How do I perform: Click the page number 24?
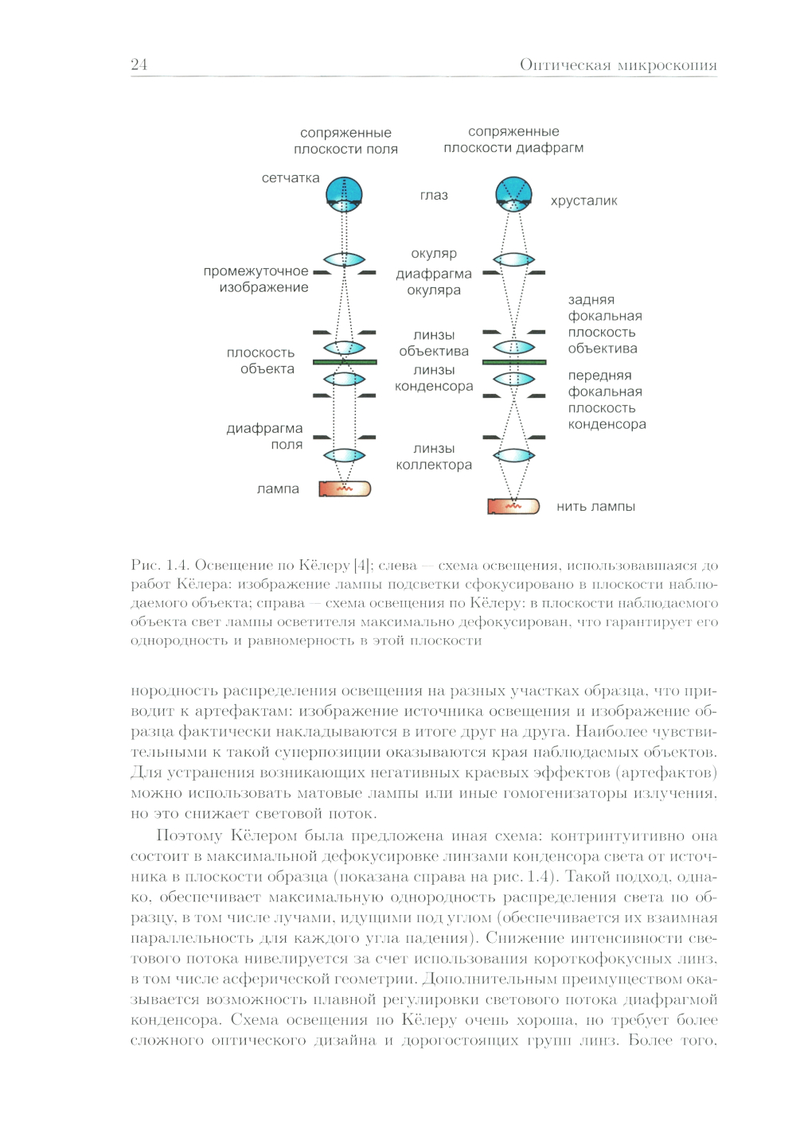[139, 64]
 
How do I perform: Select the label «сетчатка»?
[291, 178]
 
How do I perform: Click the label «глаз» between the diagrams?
[434, 195]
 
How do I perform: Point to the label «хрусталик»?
[583, 201]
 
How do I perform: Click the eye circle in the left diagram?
[345, 193]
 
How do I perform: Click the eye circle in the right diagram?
[514, 193]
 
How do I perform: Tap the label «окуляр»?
[434, 253]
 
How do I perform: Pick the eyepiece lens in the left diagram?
[345, 259]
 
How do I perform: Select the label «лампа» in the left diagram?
[278, 489]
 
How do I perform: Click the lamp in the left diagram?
[345, 489]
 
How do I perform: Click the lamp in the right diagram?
[513, 506]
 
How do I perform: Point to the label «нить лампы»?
[595, 506]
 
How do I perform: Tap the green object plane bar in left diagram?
[345, 362]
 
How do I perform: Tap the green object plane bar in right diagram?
[514, 362]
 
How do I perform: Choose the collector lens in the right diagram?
[514, 456]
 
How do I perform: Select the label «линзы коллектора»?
[434, 457]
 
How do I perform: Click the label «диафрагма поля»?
[265, 436]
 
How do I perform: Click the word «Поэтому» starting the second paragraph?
[188, 835]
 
